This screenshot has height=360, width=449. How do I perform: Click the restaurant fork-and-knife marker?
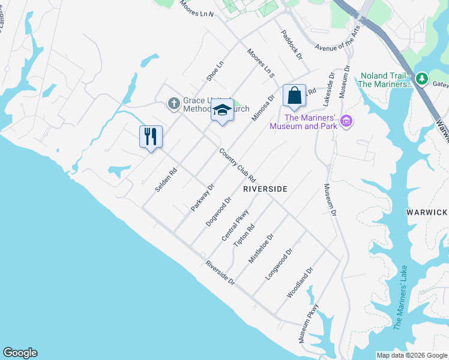(x=151, y=136)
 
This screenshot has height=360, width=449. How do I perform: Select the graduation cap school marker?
(x=222, y=111)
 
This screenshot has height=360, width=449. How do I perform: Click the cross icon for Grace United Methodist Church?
(x=173, y=104)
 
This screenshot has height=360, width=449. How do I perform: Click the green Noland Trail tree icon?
(x=422, y=78)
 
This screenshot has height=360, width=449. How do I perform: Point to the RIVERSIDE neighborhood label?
(x=265, y=188)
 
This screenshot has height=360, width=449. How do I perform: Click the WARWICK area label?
(x=427, y=212)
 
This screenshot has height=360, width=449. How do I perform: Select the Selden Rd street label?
(x=166, y=179)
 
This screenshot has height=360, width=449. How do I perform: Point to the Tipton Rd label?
(x=244, y=235)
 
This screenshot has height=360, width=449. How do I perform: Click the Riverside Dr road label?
(x=219, y=272)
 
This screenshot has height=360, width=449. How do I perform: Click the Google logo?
(x=20, y=353)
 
